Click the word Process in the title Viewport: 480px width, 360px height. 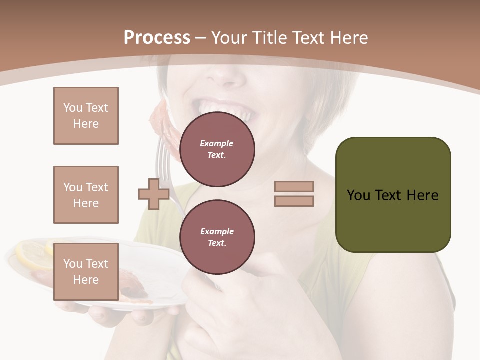(x=157, y=38)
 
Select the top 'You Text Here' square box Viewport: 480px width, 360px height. (x=86, y=116)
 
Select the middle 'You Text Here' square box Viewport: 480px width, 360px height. (x=86, y=195)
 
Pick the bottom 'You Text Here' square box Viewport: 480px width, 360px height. (x=86, y=272)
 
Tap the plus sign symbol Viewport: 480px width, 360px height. (x=154, y=194)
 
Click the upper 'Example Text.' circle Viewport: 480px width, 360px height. (x=217, y=149)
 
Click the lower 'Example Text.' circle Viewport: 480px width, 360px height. (x=217, y=237)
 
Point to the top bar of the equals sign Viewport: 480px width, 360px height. (x=294, y=186)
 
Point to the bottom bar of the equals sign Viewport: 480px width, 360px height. (x=294, y=201)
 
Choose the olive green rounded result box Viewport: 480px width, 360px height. (x=393, y=195)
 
